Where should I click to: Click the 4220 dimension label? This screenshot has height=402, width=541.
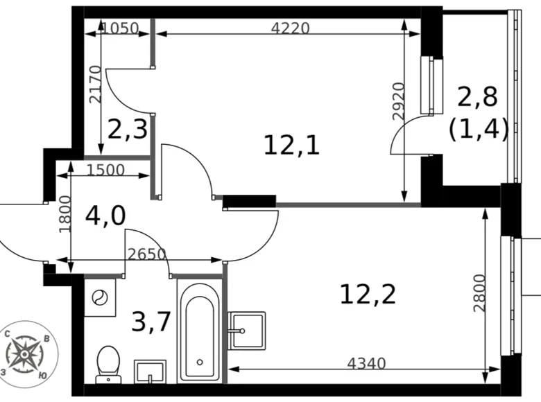point(290,28)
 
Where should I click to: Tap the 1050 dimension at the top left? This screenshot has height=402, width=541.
point(120,28)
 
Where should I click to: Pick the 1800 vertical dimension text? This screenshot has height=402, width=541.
point(65,213)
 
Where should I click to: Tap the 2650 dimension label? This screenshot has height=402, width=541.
point(146,254)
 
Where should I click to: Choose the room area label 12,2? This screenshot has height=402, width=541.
point(368,295)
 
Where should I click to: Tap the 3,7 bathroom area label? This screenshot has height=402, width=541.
point(151,322)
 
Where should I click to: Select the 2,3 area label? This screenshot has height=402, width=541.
point(127,129)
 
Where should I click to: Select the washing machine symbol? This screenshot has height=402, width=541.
point(100,298)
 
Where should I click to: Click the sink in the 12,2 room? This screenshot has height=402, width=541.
point(246,331)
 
